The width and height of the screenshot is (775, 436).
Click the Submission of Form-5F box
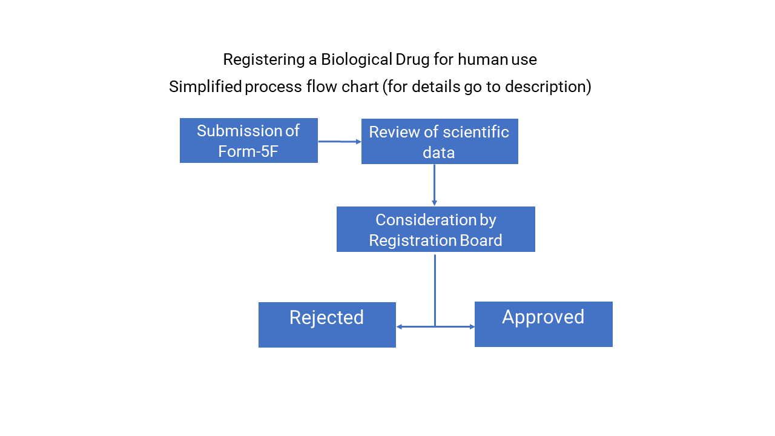tap(248, 140)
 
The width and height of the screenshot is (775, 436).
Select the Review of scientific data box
tap(440, 142)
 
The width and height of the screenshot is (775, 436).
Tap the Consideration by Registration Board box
tap(435, 229)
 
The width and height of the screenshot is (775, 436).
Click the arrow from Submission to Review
tap(339, 141)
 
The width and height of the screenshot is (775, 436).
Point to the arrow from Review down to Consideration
tap(434, 184)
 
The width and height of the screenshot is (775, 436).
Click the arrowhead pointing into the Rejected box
tap(400, 327)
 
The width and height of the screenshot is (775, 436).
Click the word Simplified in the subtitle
tap(205, 87)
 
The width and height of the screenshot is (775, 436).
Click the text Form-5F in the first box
tap(248, 151)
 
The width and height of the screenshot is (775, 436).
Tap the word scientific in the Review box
tap(476, 132)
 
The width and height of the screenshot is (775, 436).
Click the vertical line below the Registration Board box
tap(435, 288)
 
